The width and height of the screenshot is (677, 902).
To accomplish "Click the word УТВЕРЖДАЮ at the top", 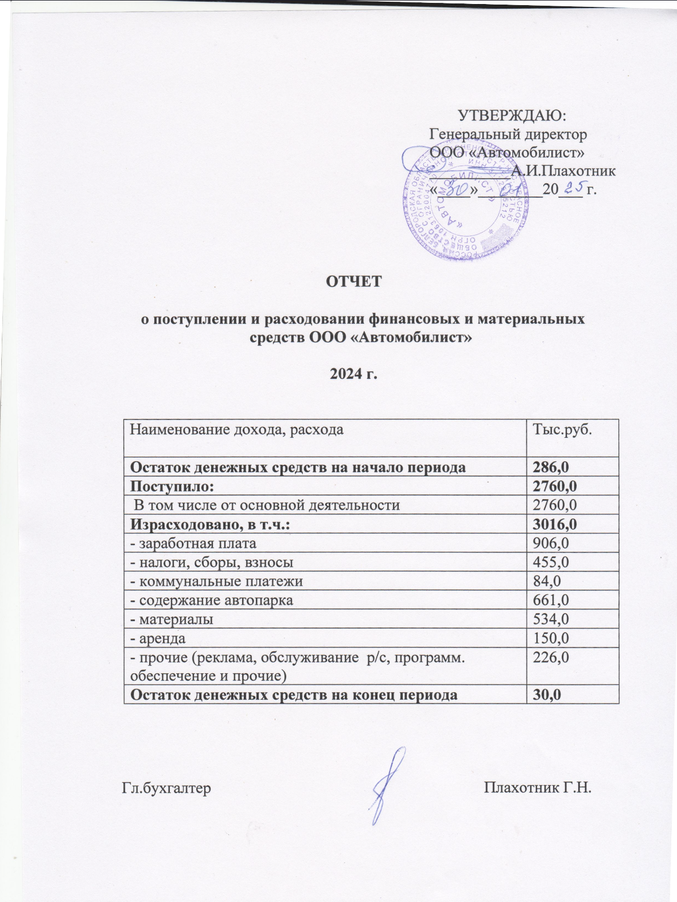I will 512,115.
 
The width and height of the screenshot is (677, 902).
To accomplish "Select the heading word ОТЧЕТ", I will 354,282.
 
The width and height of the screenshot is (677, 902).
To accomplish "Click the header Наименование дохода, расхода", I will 237,429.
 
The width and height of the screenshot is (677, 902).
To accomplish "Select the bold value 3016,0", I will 555,524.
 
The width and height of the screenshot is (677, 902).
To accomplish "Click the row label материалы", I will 172,619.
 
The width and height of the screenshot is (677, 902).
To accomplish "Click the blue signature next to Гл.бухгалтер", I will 388,785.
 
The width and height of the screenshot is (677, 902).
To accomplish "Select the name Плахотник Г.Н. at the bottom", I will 538,787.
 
